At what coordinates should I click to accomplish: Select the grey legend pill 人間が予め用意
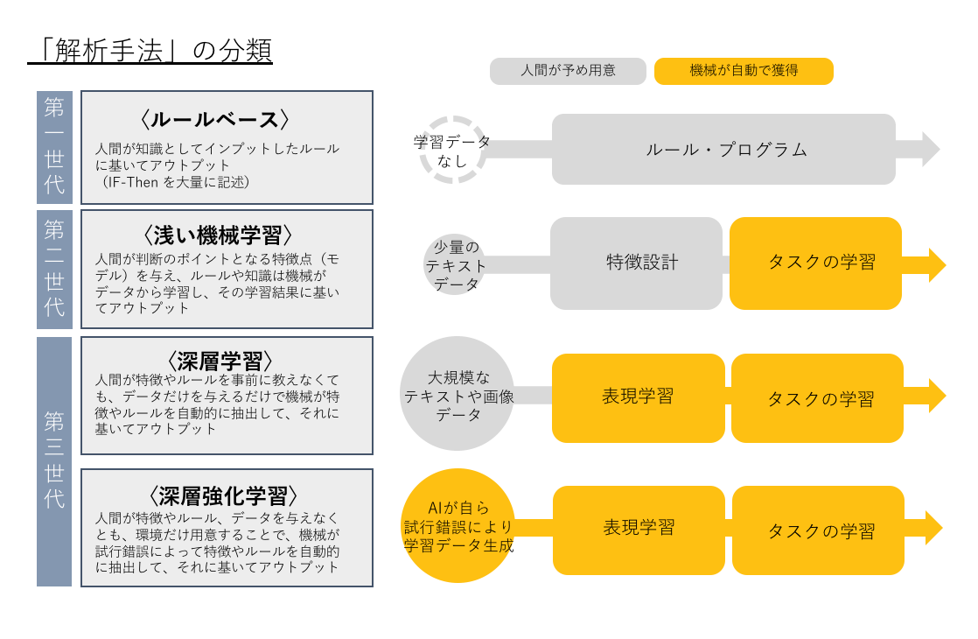568,71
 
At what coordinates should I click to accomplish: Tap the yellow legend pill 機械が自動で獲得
744,71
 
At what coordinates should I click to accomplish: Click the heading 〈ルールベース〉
214,119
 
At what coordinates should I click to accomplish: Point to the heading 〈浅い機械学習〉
218,235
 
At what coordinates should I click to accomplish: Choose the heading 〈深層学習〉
220,362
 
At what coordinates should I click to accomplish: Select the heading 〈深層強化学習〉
223,496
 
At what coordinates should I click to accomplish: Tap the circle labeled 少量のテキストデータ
455,265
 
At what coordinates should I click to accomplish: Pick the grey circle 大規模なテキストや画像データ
458,394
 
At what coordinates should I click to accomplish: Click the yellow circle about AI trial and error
458,525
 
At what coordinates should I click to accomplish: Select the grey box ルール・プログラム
723,149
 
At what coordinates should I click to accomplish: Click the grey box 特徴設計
636,263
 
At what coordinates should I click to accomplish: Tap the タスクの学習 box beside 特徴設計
816,263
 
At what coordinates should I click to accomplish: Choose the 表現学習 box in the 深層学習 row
639,398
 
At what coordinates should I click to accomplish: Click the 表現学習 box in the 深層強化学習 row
639,530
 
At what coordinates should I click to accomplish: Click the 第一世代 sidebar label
55,147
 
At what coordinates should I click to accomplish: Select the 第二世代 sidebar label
55,269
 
